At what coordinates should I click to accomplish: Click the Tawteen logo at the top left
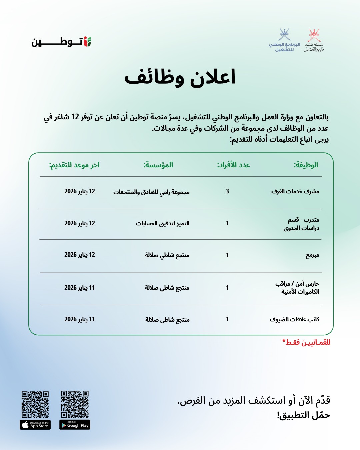tap(61, 42)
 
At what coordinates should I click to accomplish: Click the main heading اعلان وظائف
tap(180, 78)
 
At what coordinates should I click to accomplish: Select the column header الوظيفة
tap(306, 165)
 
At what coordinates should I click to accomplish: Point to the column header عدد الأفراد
tap(233, 165)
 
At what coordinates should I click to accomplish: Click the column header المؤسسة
tap(158, 165)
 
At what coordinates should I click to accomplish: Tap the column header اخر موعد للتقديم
tap(74, 165)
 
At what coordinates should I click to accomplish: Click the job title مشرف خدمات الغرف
tap(295, 191)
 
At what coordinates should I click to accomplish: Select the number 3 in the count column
tap(227, 191)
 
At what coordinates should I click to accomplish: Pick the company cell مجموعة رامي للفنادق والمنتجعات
tap(151, 192)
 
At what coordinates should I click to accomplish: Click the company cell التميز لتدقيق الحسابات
tap(162, 223)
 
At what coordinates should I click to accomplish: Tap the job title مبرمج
tap(312, 255)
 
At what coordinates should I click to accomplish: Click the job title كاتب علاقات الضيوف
tap(294, 319)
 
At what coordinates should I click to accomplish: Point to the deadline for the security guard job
tap(80, 287)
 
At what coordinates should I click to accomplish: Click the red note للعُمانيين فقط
tap(306, 342)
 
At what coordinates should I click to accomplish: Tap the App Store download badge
tap(35, 425)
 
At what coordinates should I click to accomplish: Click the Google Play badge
tap(75, 425)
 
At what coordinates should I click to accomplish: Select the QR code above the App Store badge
tap(35, 404)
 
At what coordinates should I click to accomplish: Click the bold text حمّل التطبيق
tap(303, 415)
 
